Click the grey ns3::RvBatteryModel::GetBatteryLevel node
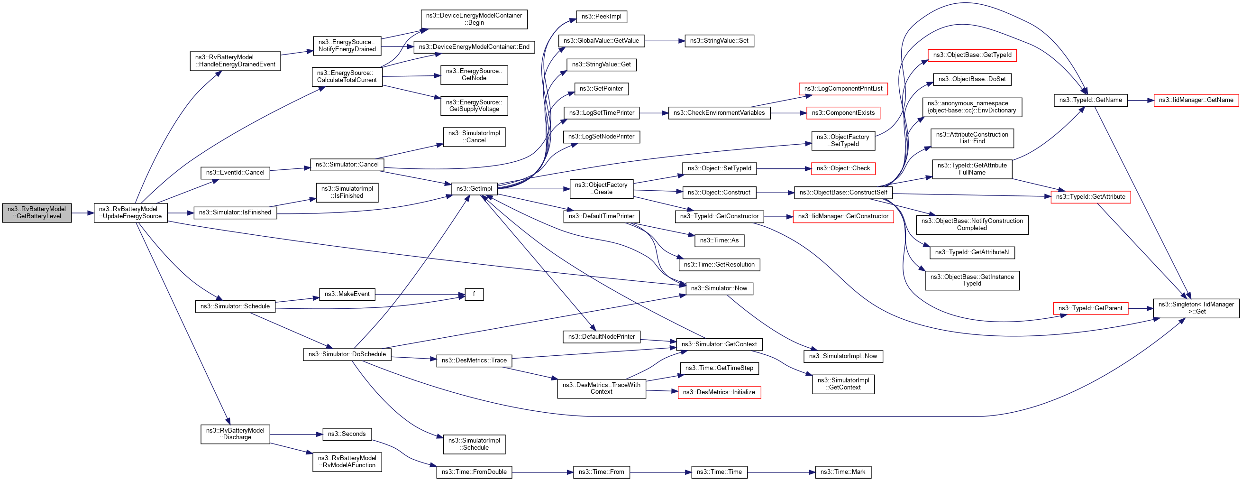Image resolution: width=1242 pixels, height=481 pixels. click(x=37, y=213)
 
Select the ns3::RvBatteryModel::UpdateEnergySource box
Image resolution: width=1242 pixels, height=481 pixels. click(x=131, y=213)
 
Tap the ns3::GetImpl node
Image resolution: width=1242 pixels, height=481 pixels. click(x=474, y=189)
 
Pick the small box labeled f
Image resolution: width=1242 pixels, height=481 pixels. click(x=474, y=294)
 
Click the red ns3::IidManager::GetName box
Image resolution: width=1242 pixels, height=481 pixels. click(x=1196, y=101)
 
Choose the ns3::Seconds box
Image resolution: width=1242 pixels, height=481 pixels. click(x=347, y=434)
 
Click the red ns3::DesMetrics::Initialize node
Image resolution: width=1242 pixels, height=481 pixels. click(x=719, y=392)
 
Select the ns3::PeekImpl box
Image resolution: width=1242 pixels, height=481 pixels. click(x=601, y=17)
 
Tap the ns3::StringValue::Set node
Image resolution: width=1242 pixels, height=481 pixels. click(x=719, y=41)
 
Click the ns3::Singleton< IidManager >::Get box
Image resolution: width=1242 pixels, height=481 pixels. click(x=1196, y=308)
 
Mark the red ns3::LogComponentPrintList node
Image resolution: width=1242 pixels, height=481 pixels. click(x=843, y=89)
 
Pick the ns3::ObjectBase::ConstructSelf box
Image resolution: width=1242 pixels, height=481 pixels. click(x=843, y=193)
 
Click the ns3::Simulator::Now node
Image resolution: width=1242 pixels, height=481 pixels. click(x=719, y=288)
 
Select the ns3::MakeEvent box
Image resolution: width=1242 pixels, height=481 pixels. click(x=347, y=294)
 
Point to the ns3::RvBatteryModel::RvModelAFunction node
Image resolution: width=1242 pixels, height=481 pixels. click(x=347, y=462)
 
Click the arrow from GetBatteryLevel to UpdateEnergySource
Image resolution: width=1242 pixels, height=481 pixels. click(x=82, y=213)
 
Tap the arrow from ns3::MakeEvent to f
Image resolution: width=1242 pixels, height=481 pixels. click(x=420, y=294)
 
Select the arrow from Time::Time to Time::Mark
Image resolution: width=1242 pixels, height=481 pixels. click(x=781, y=472)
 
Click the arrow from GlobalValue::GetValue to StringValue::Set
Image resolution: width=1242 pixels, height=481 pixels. click(x=665, y=41)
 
